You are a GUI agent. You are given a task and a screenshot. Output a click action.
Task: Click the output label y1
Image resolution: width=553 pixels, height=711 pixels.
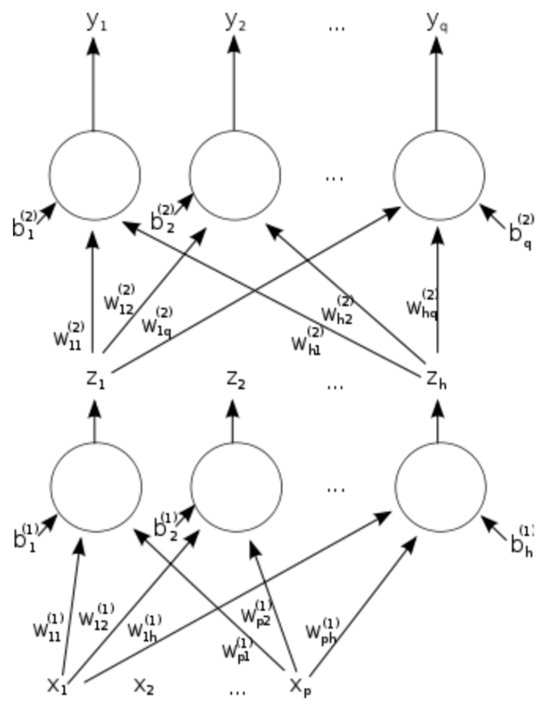coord(96,23)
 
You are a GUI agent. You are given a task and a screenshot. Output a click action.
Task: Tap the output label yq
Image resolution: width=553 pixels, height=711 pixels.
coord(437,23)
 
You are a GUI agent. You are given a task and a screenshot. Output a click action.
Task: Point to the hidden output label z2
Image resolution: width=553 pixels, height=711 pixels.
coord(236,381)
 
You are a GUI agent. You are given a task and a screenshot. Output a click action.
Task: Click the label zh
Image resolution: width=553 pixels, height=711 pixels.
coord(436,381)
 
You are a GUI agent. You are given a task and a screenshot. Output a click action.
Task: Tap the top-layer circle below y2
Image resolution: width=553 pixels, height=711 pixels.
coord(235,175)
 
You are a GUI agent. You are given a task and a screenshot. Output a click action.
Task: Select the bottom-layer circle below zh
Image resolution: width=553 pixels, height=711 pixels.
coord(441,486)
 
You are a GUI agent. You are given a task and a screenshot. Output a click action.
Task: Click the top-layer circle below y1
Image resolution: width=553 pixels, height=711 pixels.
coord(95,175)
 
